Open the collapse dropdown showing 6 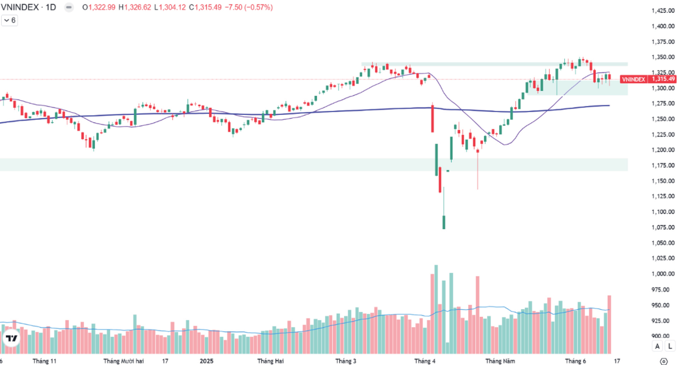[x=10, y=20]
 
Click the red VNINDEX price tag [x=633, y=79]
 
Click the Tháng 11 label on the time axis [x=45, y=360]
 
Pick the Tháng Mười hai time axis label [x=124, y=360]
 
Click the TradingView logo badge [x=11, y=338]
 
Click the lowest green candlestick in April [x=443, y=221]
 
